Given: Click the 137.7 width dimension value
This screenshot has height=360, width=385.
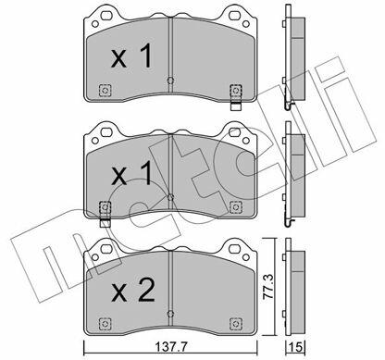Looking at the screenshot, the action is [x=172, y=347].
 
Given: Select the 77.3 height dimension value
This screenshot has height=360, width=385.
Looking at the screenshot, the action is [x=268, y=288].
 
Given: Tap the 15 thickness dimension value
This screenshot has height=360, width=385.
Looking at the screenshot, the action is [x=295, y=347].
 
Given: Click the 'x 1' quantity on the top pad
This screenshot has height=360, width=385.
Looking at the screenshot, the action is [x=131, y=56].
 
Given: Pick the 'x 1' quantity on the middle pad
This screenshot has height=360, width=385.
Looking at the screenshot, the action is [x=131, y=173].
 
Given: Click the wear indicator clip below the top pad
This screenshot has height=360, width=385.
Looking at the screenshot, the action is [x=236, y=106].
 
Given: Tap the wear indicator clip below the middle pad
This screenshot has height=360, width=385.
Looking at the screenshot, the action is [x=106, y=223].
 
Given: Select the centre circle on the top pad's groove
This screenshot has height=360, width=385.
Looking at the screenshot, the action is [x=170, y=81].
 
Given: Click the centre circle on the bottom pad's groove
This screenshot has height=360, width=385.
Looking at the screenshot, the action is [x=170, y=314].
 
